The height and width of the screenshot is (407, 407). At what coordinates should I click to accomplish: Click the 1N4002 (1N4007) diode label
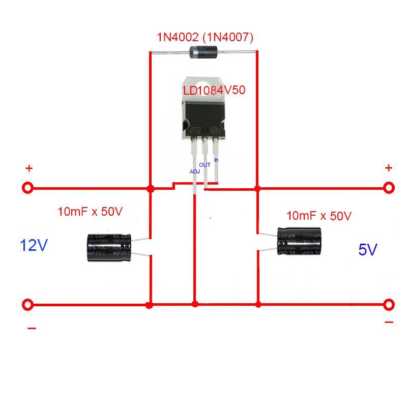(x=204, y=37)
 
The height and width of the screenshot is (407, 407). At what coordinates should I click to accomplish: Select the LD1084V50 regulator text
(x=214, y=91)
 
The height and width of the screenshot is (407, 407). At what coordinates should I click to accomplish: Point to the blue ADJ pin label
(x=194, y=171)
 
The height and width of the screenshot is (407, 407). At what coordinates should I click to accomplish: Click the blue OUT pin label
(x=205, y=165)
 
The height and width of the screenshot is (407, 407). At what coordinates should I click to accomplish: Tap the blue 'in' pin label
(x=216, y=160)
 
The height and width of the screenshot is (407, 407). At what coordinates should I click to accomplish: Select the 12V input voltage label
(x=34, y=246)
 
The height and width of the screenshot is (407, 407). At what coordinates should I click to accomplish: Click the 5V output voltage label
(x=368, y=250)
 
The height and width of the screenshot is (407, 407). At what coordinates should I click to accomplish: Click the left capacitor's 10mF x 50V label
(x=91, y=211)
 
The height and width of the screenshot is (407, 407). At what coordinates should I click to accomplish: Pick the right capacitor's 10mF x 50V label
(x=319, y=216)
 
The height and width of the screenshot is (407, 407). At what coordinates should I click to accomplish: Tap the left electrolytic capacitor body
(x=108, y=248)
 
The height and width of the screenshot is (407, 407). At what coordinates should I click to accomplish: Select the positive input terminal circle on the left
(x=28, y=188)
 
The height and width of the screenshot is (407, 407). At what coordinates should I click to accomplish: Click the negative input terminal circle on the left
(x=28, y=305)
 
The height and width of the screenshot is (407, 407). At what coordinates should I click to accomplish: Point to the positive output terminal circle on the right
(x=389, y=188)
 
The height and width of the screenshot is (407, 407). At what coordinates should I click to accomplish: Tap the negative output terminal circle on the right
(x=389, y=305)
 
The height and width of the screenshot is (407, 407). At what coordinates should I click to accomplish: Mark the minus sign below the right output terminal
(x=389, y=322)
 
